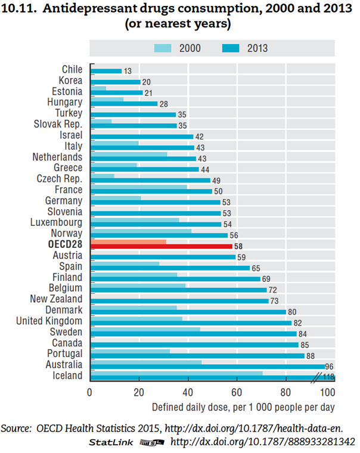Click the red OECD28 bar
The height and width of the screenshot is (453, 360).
coord(161,246)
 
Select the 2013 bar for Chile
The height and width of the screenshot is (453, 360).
coord(106,71)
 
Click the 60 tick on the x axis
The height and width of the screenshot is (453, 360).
coord(237,392)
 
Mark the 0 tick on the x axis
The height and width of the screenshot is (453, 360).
coord(89,392)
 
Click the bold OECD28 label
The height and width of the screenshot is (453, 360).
coord(66,244)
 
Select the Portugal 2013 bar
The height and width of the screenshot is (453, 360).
coord(197,355)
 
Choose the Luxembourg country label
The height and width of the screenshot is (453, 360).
coord(57,222)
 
